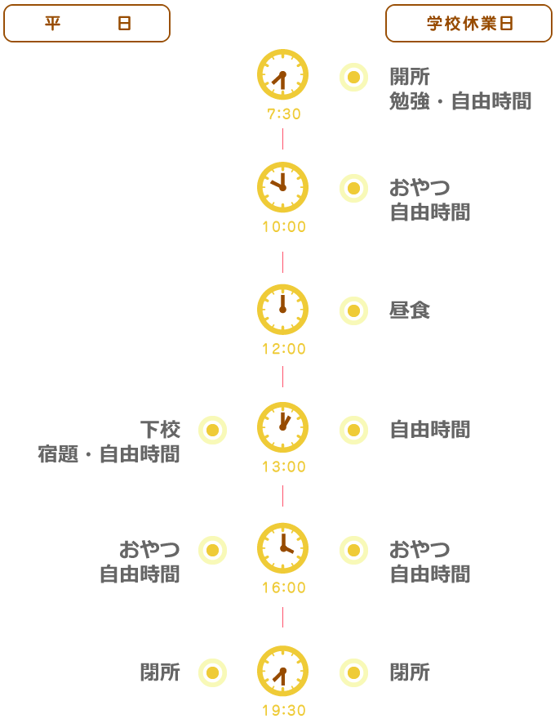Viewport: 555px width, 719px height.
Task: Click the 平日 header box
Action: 87,23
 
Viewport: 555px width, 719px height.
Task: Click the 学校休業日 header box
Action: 469,23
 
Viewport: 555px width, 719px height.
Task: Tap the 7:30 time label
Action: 284,114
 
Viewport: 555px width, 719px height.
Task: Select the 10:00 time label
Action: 284,227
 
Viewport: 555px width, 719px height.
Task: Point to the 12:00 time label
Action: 284,350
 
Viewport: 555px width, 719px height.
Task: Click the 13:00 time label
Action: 284,468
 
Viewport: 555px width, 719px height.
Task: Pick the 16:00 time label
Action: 284,587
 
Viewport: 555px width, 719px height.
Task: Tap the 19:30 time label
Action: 284,710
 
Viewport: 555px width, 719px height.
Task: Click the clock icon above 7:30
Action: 283,74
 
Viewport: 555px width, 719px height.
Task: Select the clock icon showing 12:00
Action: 283,310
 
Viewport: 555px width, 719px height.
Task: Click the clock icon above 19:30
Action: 283,671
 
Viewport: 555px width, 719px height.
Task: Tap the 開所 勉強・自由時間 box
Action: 460,92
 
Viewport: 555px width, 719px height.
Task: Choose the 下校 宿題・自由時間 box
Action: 109,444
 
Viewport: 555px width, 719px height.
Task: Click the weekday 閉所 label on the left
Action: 160,675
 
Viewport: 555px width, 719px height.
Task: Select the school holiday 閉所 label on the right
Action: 410,675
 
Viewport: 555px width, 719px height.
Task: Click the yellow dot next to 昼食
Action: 353,311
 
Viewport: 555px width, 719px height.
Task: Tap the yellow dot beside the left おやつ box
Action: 212,551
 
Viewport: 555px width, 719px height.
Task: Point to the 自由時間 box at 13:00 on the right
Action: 430,432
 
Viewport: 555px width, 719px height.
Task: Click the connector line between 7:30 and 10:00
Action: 283,139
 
